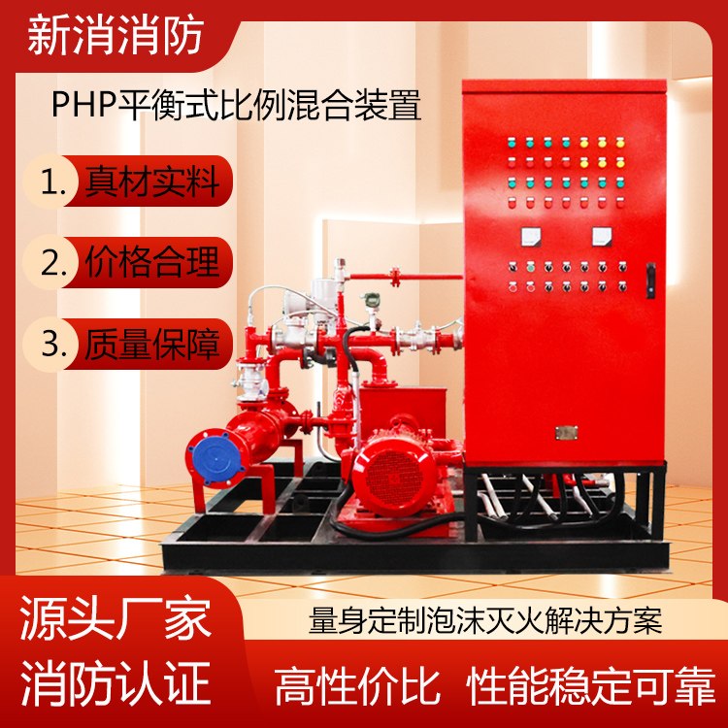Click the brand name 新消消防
click(x=116, y=36)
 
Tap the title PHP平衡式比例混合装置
click(x=236, y=105)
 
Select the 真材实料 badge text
click(x=151, y=182)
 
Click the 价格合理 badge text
click(x=151, y=262)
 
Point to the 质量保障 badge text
click(x=151, y=344)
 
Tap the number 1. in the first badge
click(x=53, y=182)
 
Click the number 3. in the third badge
click(x=53, y=345)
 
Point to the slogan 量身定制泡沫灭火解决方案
click(x=485, y=620)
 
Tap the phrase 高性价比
click(x=357, y=686)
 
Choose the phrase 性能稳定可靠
click(x=591, y=686)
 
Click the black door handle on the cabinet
click(x=651, y=280)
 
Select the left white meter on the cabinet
click(x=531, y=236)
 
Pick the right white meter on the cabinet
click(x=602, y=236)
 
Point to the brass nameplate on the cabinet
click(x=567, y=433)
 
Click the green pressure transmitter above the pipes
click(x=370, y=300)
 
